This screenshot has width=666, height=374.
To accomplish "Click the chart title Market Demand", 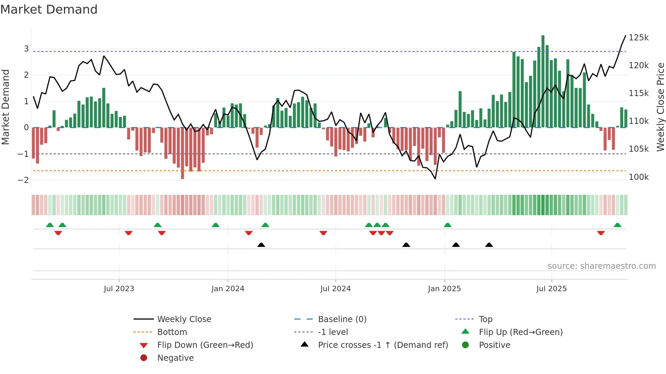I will pyautogui.click(x=49, y=10).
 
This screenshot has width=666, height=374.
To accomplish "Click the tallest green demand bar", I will pyautogui.click(x=543, y=81).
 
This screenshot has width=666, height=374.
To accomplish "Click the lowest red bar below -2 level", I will pyautogui.click(x=182, y=153).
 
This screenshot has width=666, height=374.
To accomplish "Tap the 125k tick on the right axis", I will pyautogui.click(x=638, y=38).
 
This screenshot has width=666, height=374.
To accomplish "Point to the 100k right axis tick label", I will pyautogui.click(x=638, y=177).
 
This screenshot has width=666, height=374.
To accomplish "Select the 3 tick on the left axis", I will pyautogui.click(x=26, y=49).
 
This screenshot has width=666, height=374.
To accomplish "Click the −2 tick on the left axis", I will pyautogui.click(x=23, y=180).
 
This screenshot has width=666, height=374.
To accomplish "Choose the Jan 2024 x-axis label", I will pyautogui.click(x=228, y=289).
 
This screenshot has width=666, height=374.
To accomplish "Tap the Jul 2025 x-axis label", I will pyautogui.click(x=551, y=289).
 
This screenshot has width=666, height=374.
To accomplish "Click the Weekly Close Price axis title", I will pyautogui.click(x=660, y=107).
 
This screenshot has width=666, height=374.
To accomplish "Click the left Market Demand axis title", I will pyautogui.click(x=5, y=107).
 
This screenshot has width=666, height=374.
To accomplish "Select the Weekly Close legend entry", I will pyautogui.click(x=184, y=319).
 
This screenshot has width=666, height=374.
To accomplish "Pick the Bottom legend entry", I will pyautogui.click(x=172, y=332).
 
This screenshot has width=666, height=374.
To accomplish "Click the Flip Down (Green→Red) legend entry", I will pyautogui.click(x=205, y=345).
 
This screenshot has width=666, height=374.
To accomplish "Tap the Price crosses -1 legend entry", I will pyautogui.click(x=383, y=345).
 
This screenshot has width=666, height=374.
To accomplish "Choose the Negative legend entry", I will pyautogui.click(x=175, y=358).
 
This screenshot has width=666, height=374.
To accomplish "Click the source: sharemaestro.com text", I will pyautogui.click(x=601, y=266).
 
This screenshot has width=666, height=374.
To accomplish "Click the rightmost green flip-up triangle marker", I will pyautogui.click(x=617, y=225).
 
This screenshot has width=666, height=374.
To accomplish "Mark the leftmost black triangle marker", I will pyautogui.click(x=261, y=245).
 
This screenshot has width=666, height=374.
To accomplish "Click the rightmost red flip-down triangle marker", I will pyautogui.click(x=601, y=233).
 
